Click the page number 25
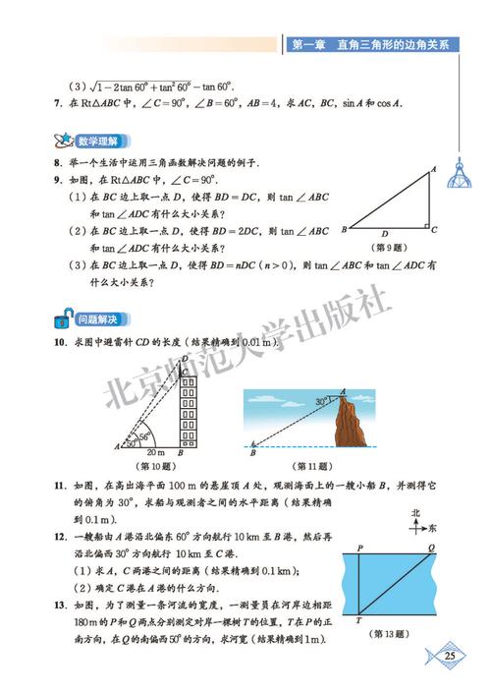450,656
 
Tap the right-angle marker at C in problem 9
427,226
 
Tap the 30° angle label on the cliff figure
321,402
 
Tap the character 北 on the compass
416,513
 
